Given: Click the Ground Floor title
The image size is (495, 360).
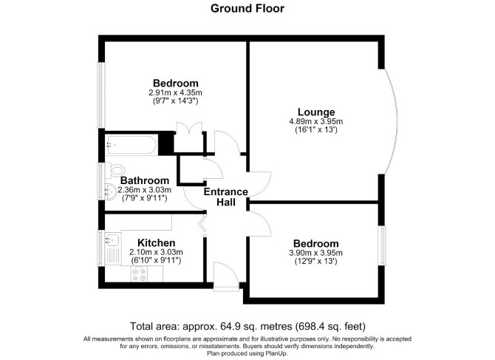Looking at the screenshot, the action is point(247,9).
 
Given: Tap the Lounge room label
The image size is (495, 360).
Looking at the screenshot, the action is point(316,112).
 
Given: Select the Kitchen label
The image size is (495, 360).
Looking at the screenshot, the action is point(157,243).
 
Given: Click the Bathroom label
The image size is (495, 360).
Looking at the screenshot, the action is point(145,180).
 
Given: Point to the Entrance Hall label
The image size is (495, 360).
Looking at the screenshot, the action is point(226,197).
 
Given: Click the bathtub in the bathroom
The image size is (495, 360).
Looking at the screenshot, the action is point(131,145).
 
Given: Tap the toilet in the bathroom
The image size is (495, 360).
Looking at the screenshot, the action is point(115,171).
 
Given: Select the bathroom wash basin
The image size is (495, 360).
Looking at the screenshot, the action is point(111,191).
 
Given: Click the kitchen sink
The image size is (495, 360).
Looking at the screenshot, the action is point(112,239).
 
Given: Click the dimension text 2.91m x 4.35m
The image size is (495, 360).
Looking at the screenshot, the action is point(176,93).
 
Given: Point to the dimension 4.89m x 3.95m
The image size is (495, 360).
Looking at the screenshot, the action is point(316,121).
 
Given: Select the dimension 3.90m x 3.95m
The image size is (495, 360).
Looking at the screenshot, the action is point(315,253).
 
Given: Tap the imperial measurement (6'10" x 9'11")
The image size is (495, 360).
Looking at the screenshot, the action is point(156,261).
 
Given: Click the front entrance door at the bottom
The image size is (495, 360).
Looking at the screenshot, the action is point(226,276).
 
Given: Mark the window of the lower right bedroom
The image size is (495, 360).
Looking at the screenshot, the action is point(382,245).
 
